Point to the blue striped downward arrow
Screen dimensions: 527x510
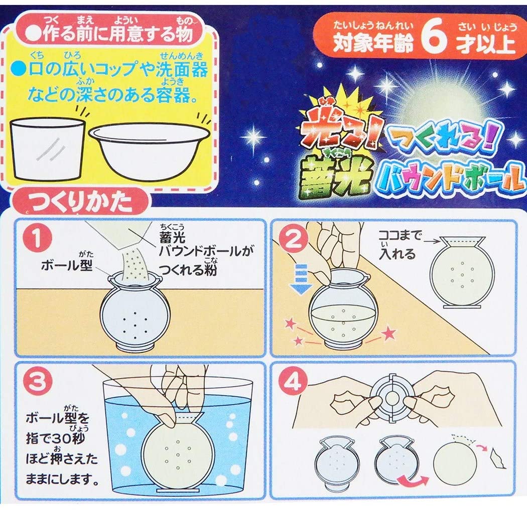click(302, 279)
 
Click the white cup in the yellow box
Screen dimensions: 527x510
click(48, 149)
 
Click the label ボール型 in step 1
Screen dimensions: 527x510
click(67, 265)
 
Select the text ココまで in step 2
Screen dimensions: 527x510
click(400, 235)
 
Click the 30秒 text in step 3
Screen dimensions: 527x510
click(62, 439)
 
